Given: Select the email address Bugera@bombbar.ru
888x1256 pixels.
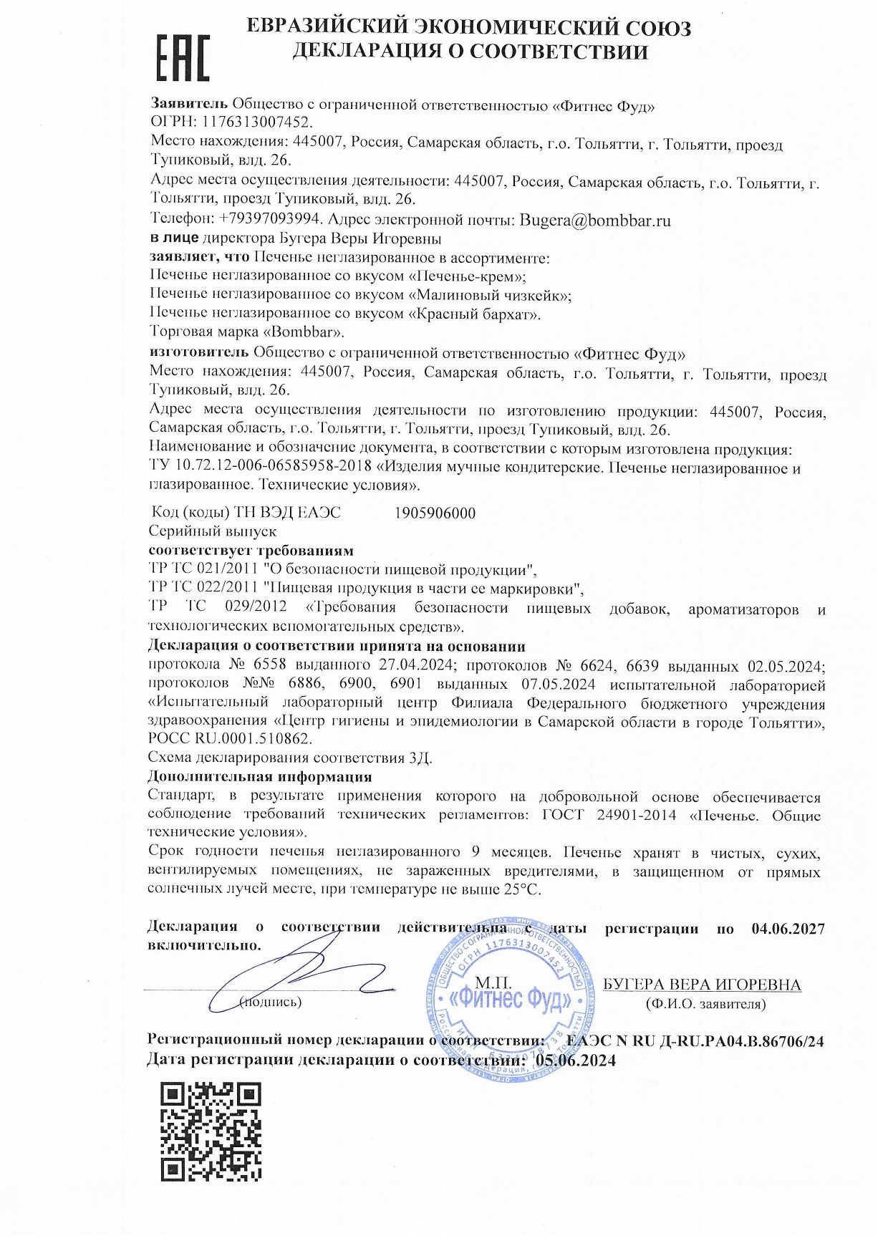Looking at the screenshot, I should (x=595, y=220).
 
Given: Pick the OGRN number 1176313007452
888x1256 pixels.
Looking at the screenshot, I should (x=259, y=122).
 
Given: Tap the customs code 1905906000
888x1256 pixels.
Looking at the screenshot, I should (x=435, y=513).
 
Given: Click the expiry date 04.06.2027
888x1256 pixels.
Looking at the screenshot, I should (x=788, y=929).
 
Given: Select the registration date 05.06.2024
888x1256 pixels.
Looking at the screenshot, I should (x=575, y=1061).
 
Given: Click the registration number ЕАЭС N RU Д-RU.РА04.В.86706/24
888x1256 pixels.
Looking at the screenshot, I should (x=695, y=1041).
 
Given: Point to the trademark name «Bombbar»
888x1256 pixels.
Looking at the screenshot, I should (x=304, y=332).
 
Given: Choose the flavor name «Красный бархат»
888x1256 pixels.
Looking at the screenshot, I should (x=474, y=314).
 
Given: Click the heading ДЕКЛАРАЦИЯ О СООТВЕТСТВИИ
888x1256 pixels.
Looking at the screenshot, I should (x=470, y=52).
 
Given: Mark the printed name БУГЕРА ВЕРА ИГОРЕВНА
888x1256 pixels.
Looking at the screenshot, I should (x=702, y=985).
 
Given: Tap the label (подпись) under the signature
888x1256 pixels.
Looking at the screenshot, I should (x=270, y=1002).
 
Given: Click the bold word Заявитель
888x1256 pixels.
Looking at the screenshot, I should (x=189, y=104).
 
